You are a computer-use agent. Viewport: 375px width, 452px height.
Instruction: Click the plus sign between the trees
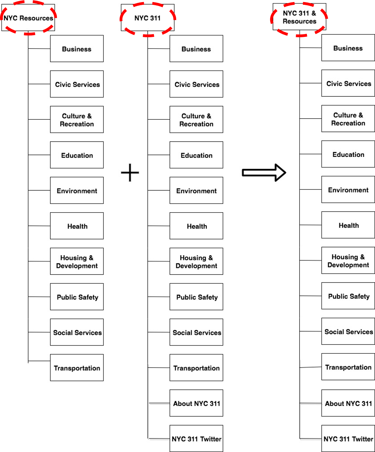pyautogui.click(x=130, y=173)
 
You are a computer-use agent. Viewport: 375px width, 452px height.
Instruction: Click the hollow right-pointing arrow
pyautogui.click(x=264, y=173)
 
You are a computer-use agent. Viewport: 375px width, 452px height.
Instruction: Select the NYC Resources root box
pyautogui.click(x=28, y=18)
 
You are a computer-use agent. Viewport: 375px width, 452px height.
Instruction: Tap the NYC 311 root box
pyautogui.click(x=148, y=18)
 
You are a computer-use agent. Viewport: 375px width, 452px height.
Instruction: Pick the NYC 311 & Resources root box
pyautogui.click(x=299, y=17)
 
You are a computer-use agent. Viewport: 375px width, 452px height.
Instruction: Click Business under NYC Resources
pyautogui.click(x=77, y=49)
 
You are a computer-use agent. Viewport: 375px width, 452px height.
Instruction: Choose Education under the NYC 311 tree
pyautogui.click(x=196, y=155)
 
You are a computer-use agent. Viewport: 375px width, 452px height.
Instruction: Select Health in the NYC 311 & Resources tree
pyautogui.click(x=348, y=225)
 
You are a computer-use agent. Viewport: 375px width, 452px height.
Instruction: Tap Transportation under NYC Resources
pyautogui.click(x=77, y=368)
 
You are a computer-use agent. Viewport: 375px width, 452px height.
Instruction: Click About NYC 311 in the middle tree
pyautogui.click(x=196, y=403)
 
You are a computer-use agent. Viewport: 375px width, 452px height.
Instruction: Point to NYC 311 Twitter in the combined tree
pyautogui.click(x=348, y=439)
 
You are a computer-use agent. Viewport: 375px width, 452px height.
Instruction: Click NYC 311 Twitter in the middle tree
pyautogui.click(x=196, y=439)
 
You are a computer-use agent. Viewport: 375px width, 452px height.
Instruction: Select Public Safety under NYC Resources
pyautogui.click(x=77, y=297)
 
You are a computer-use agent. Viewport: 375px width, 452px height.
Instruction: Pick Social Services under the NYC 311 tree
pyautogui.click(x=196, y=332)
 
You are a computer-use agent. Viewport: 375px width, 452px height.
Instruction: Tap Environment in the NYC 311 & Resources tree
pyautogui.click(x=348, y=190)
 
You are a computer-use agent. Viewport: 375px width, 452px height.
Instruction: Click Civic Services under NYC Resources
pyautogui.click(x=77, y=84)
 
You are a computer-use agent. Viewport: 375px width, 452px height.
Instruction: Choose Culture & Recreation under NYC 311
pyautogui.click(x=196, y=120)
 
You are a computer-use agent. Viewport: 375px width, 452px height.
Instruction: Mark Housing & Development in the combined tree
pyautogui.click(x=348, y=261)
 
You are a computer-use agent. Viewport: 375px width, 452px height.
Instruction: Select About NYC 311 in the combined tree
pyautogui.click(x=348, y=403)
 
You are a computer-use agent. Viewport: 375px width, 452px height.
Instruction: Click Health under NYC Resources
pyautogui.click(x=77, y=226)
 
